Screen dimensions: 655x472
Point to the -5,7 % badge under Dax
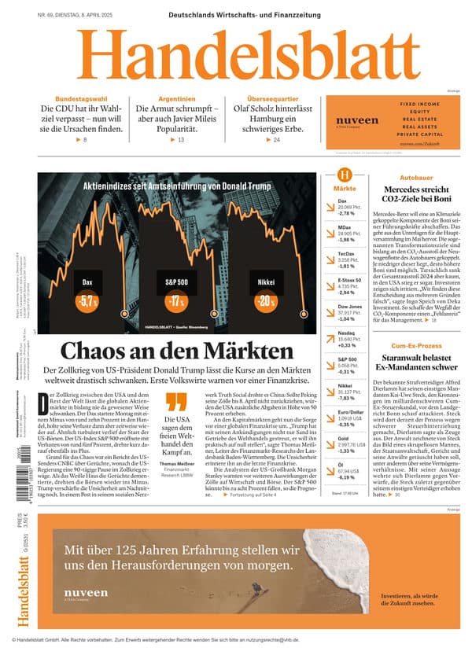(x=87, y=301)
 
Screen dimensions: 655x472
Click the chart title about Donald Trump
(x=177, y=186)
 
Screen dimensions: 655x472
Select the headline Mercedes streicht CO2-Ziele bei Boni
(x=416, y=196)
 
